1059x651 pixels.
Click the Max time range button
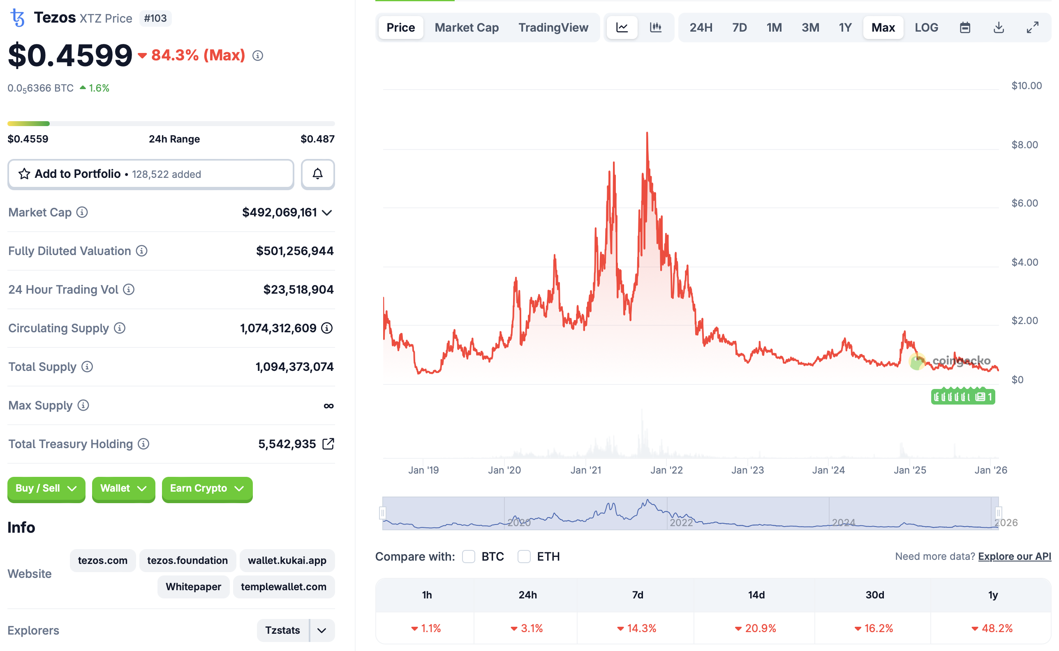tap(882, 28)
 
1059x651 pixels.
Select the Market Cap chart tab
tap(466, 28)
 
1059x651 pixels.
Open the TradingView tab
tap(553, 28)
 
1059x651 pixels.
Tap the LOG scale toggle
tap(926, 28)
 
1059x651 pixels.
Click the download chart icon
tap(998, 28)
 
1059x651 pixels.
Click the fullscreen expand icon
tap(1032, 28)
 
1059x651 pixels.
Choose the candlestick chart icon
tap(655, 28)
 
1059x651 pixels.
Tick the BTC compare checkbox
tap(468, 556)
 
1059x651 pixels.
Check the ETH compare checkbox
tap(523, 556)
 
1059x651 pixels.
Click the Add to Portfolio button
tap(150, 174)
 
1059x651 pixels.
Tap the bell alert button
tap(317, 174)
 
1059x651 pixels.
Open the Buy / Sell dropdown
tap(46, 488)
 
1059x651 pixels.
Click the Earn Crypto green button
tap(207, 488)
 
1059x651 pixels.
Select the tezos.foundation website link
tap(187, 560)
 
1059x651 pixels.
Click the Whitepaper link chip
tap(193, 587)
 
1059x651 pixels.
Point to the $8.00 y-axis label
tap(1024, 145)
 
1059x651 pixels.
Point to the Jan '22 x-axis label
tap(666, 470)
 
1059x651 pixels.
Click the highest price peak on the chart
tap(647, 133)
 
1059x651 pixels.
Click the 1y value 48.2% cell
tap(992, 628)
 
